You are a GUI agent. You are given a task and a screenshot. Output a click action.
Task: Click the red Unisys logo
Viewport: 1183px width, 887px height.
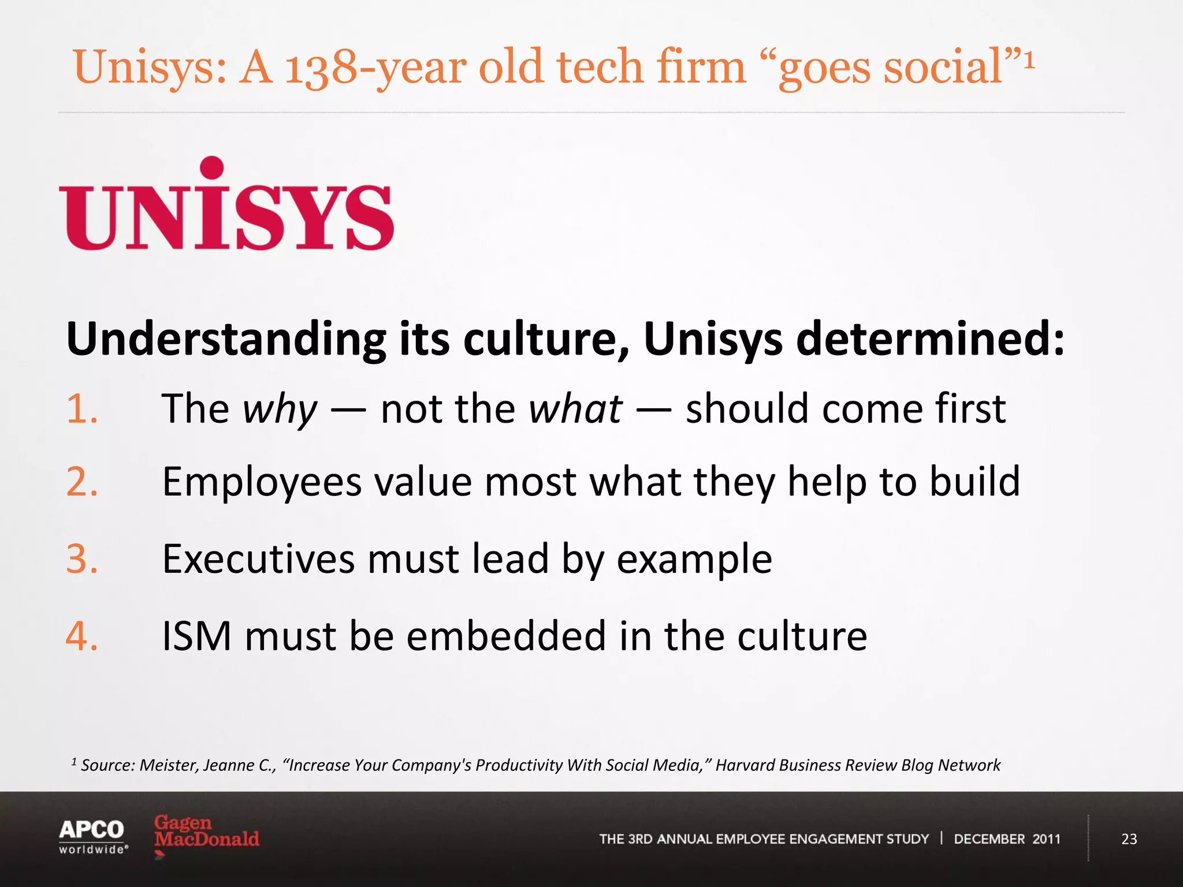226,206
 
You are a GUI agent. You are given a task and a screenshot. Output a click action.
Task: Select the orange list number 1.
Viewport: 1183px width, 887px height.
82,409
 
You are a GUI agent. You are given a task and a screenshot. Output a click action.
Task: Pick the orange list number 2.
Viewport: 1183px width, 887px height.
82,482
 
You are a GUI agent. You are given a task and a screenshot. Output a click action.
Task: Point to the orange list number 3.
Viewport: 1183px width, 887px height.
82,559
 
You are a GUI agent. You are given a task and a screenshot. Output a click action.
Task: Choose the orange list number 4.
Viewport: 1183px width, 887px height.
82,636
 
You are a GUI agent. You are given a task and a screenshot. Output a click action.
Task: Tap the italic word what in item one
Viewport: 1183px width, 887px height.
575,409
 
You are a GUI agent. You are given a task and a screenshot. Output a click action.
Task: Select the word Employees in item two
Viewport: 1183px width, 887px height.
262,483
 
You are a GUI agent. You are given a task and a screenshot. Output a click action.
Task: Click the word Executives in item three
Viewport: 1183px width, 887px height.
258,559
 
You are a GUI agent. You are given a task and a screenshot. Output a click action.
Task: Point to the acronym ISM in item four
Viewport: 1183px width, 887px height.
196,636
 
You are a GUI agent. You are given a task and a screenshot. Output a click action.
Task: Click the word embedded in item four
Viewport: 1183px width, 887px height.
506,636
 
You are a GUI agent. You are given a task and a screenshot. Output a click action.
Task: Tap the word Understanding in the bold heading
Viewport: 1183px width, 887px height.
226,340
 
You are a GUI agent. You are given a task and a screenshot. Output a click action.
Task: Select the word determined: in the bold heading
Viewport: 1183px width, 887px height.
930,338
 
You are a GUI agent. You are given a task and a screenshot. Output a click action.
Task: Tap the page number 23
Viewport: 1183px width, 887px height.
1129,839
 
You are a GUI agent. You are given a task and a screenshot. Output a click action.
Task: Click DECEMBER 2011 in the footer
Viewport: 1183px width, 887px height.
1007,839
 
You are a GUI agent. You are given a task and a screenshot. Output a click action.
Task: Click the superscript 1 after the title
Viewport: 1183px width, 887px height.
1029,60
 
